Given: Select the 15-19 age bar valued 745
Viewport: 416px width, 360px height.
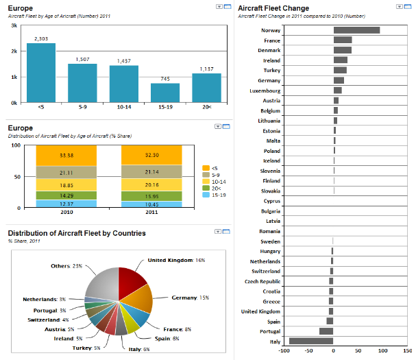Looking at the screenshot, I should click(x=165, y=93).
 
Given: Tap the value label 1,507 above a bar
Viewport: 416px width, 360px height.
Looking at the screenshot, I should click(x=82, y=59).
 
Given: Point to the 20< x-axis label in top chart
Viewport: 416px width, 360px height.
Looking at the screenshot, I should click(x=206, y=108).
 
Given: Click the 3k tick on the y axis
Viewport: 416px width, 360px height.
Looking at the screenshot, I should click(x=14, y=25).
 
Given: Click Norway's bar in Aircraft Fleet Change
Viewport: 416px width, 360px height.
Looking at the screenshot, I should click(x=356, y=30).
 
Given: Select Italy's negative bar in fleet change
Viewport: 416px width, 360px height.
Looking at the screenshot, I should click(x=311, y=341).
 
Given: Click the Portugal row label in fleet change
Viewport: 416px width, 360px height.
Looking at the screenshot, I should click(x=270, y=331).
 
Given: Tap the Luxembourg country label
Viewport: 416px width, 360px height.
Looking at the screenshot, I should click(x=264, y=91).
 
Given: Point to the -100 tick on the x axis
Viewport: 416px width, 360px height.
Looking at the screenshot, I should click(x=284, y=352).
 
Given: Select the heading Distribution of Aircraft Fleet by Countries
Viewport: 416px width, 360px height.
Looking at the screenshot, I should click(x=77, y=233).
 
